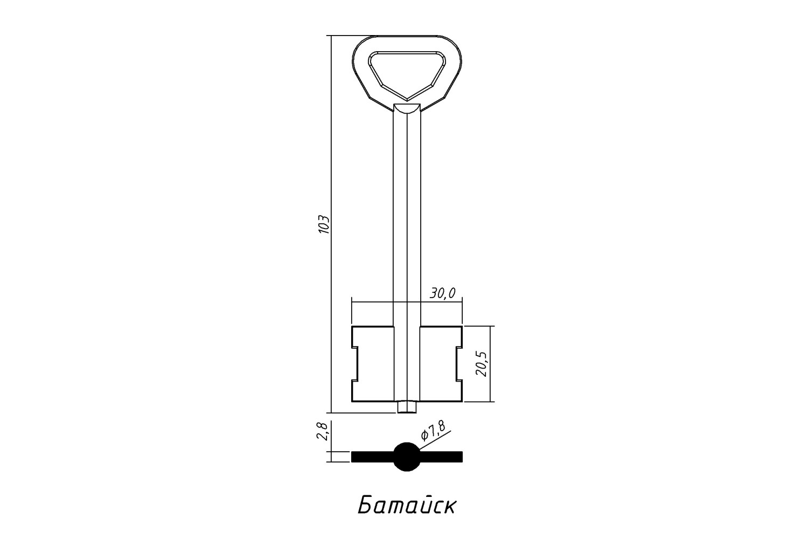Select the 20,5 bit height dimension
tap(482, 363)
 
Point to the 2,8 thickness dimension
tap(322, 431)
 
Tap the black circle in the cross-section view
tap(407, 457)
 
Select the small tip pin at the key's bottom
tap(407, 407)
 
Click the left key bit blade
tap(373, 363)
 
